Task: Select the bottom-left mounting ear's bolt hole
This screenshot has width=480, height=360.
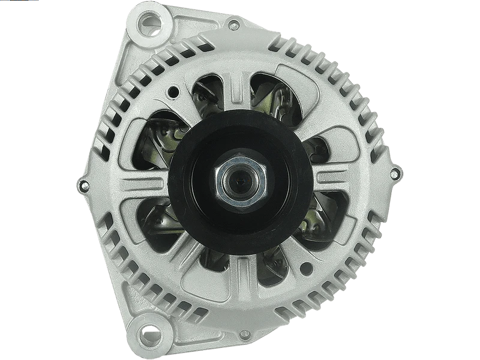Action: coord(146,331)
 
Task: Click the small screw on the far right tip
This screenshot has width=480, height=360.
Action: coord(394,174)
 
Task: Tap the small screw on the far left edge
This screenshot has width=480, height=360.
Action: coord(83,184)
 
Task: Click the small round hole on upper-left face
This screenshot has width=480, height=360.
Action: coord(174,92)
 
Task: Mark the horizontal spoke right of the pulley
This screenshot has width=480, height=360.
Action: coord(333,178)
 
